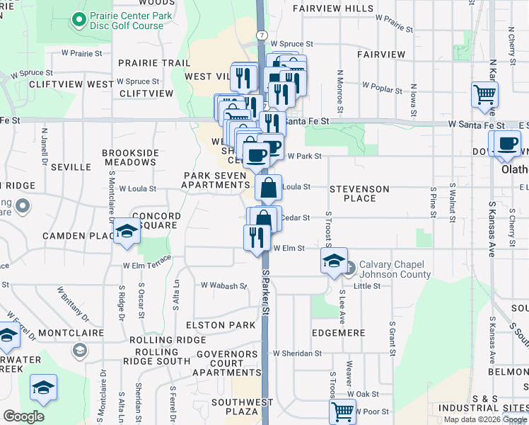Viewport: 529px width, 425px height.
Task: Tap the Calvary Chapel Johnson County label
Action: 394,269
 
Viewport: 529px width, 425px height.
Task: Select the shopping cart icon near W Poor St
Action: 343,411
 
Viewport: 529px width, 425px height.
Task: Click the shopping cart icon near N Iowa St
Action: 485,94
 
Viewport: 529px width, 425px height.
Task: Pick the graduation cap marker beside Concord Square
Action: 127,232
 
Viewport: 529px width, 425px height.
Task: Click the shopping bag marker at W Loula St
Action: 269,188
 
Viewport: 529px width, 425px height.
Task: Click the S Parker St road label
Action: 267,290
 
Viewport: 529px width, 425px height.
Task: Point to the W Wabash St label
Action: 223,286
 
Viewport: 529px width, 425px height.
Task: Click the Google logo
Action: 23,416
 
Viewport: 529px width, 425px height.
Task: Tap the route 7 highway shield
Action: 262,34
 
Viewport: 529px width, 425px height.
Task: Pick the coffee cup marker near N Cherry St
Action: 507,144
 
